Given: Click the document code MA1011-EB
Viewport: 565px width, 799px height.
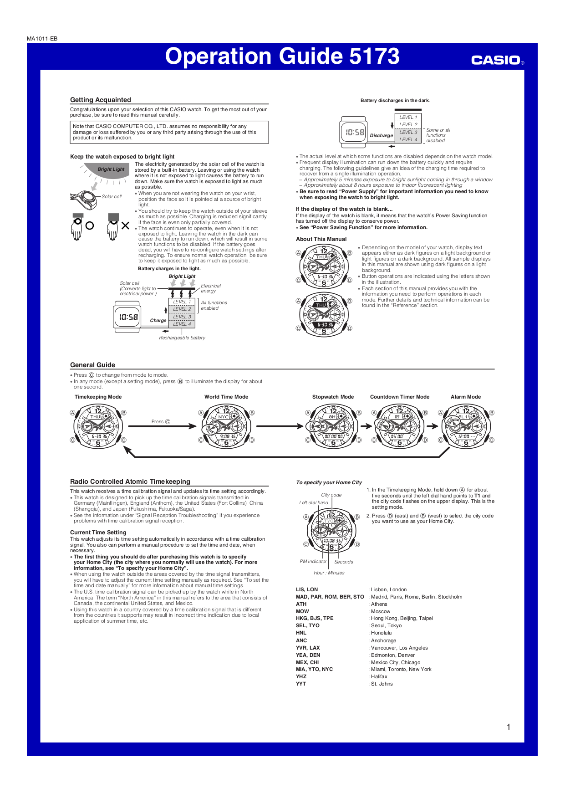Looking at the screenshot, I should pyautogui.click(x=42, y=39).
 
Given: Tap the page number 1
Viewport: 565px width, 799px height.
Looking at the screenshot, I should pyautogui.click(x=509, y=727).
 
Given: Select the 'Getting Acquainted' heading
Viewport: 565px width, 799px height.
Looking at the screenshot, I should pyautogui.click(x=100, y=100).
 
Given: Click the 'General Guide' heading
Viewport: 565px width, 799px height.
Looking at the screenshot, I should pyautogui.click(x=92, y=365).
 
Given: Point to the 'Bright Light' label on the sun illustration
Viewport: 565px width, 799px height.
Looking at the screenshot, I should pyautogui.click(x=111, y=169).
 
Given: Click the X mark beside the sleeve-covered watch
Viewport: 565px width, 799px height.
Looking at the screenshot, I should pyautogui.click(x=125, y=225).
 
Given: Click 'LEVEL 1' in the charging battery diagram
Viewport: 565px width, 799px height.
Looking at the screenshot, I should pyautogui.click(x=182, y=302).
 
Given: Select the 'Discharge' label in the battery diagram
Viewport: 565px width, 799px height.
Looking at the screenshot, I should pyautogui.click(x=381, y=135).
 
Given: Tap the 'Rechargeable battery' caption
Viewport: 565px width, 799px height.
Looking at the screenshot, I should pyautogui.click(x=182, y=338).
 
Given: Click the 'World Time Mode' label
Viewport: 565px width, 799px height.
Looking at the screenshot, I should pyautogui.click(x=226, y=397).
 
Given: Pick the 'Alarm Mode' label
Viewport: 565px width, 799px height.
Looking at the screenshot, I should pyautogui.click(x=465, y=397).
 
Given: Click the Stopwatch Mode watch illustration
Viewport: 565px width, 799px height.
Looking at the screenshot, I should pyautogui.click(x=333, y=426).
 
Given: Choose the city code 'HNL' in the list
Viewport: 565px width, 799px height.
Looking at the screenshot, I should pyautogui.click(x=301, y=633).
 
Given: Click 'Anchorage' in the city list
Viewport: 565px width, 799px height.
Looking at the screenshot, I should pyautogui.click(x=384, y=640).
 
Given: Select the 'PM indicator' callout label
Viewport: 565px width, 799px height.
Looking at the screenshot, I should pyautogui.click(x=313, y=562).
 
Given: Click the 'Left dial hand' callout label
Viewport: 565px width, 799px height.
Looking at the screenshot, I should pyautogui.click(x=313, y=503).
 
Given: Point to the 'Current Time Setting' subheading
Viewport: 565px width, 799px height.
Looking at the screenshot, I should pyautogui.click(x=98, y=532).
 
